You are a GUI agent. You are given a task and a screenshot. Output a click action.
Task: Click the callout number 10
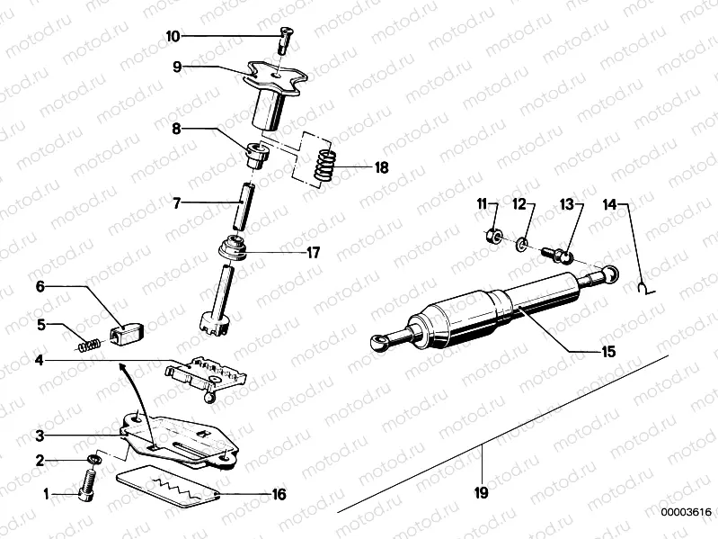coord(173,36)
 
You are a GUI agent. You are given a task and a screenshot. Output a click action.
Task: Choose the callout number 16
coord(278,493)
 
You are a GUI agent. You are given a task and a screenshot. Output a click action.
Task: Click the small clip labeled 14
coord(643,288)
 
